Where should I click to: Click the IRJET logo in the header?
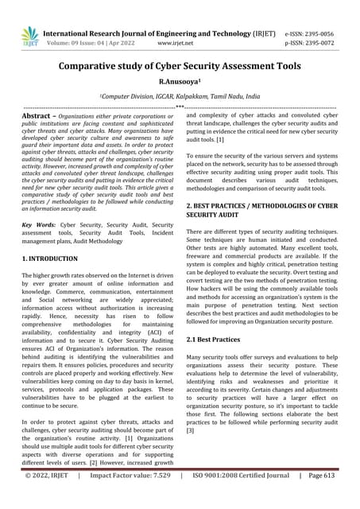click(29, 35)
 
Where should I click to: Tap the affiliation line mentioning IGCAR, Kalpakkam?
click(180, 95)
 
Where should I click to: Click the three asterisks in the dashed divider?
click(180, 107)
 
